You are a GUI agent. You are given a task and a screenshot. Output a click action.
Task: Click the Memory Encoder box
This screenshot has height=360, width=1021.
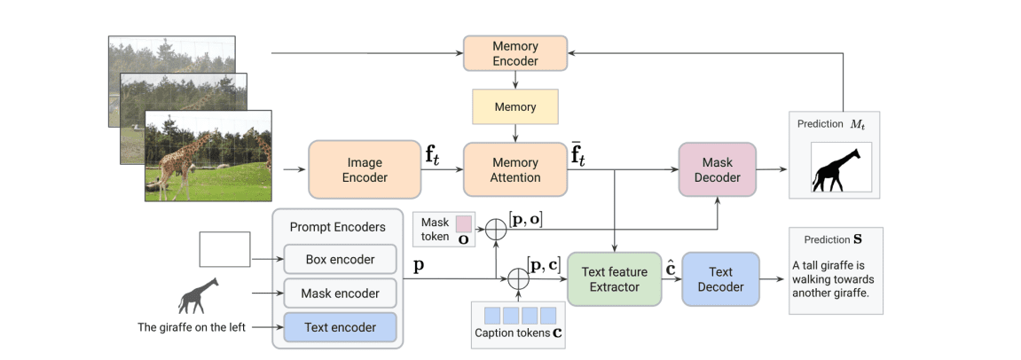(515, 53)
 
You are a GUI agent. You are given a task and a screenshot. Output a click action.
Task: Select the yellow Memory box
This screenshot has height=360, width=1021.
(515, 107)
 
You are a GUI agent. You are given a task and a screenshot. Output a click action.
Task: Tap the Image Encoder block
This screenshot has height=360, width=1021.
(364, 169)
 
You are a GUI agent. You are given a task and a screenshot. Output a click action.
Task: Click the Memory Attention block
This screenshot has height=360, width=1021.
(515, 169)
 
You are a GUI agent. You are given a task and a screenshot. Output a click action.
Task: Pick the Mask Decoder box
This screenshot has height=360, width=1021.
(717, 169)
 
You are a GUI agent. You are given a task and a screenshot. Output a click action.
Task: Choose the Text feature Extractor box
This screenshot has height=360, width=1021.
(614, 279)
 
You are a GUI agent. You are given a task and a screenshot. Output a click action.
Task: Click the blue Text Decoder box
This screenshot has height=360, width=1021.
(720, 279)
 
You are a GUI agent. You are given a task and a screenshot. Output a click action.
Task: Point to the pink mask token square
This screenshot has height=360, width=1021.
(464, 223)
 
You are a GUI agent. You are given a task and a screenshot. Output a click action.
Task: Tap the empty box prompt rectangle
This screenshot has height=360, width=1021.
(224, 248)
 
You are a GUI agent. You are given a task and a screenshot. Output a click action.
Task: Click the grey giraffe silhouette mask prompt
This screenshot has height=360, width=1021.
(198, 295)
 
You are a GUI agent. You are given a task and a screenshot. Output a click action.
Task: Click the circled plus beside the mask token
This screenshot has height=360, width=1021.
(496, 229)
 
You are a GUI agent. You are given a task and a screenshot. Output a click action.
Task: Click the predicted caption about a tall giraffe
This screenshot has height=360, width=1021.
(836, 278)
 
